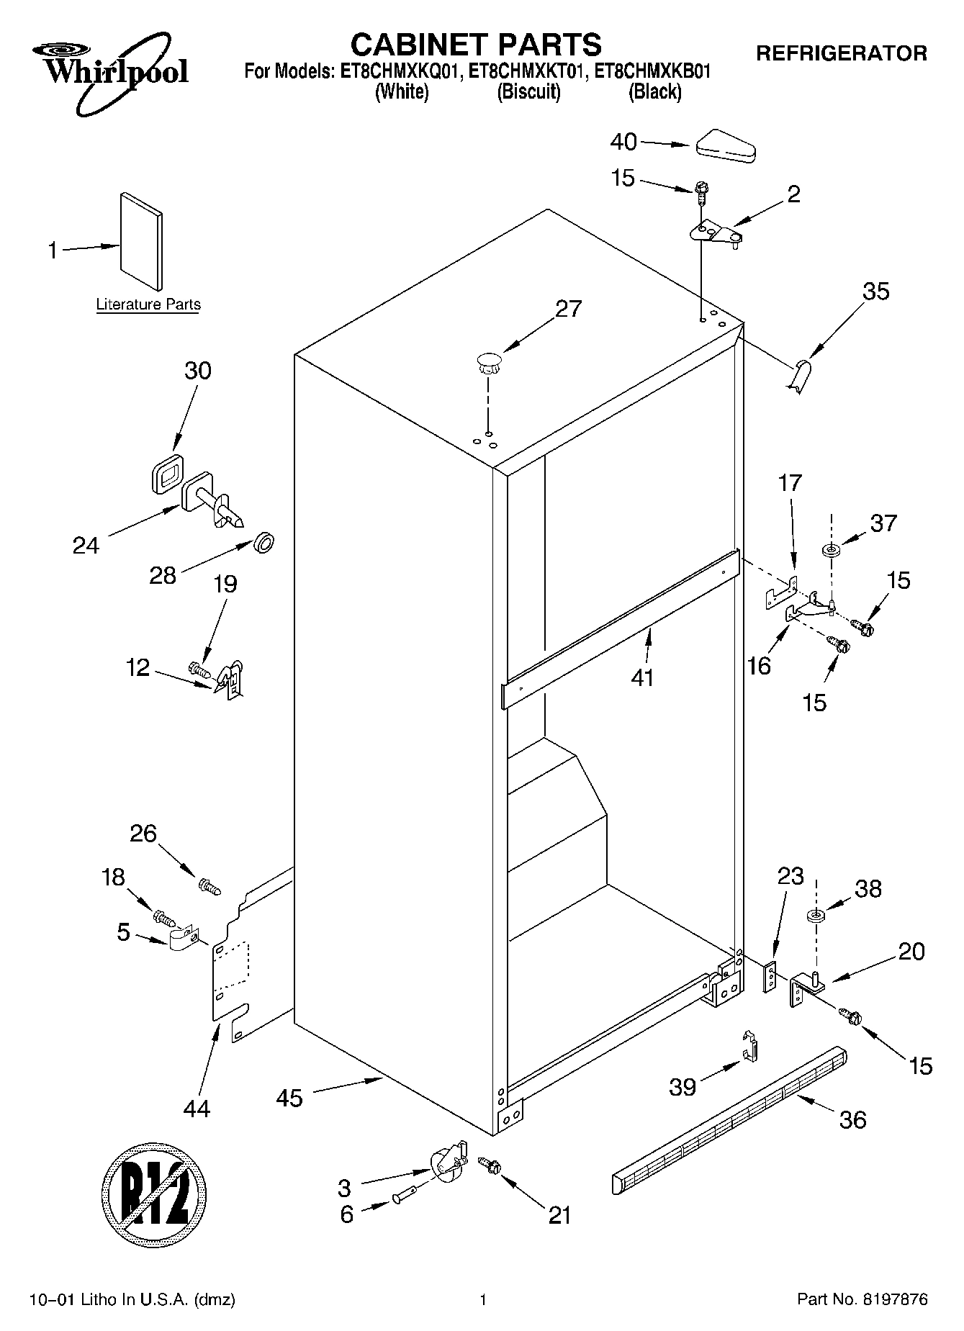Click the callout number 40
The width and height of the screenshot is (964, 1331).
[623, 142]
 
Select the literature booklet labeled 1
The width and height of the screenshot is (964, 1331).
[141, 241]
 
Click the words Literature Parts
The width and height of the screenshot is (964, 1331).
[148, 304]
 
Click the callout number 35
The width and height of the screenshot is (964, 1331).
[875, 292]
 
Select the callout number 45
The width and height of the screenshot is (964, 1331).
[289, 1098]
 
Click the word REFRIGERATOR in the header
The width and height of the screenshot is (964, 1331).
[841, 53]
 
